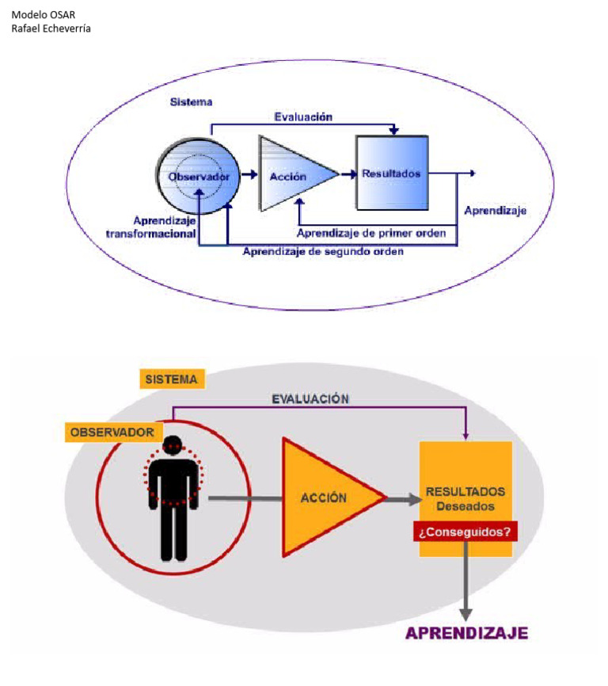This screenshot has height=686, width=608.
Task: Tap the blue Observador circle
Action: [x=198, y=176]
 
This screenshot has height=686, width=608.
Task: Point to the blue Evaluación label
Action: [x=303, y=116]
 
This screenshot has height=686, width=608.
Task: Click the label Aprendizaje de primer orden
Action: [x=371, y=233]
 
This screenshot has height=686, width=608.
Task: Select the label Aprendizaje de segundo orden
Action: [x=323, y=251]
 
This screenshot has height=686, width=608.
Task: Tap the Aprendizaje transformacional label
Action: [x=152, y=227]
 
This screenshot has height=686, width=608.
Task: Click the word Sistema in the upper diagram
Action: [x=191, y=102]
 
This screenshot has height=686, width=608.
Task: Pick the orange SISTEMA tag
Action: [x=171, y=379]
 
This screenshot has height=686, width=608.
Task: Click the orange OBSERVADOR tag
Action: [x=112, y=433]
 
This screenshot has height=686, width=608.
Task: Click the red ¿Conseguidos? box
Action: [x=465, y=532]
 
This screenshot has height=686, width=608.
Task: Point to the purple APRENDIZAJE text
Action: [x=466, y=633]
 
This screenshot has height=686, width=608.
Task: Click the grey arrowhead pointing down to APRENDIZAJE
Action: [x=466, y=613]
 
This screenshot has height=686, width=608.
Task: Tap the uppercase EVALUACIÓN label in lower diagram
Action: [x=310, y=399]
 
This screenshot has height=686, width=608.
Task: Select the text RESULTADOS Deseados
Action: [x=465, y=498]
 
